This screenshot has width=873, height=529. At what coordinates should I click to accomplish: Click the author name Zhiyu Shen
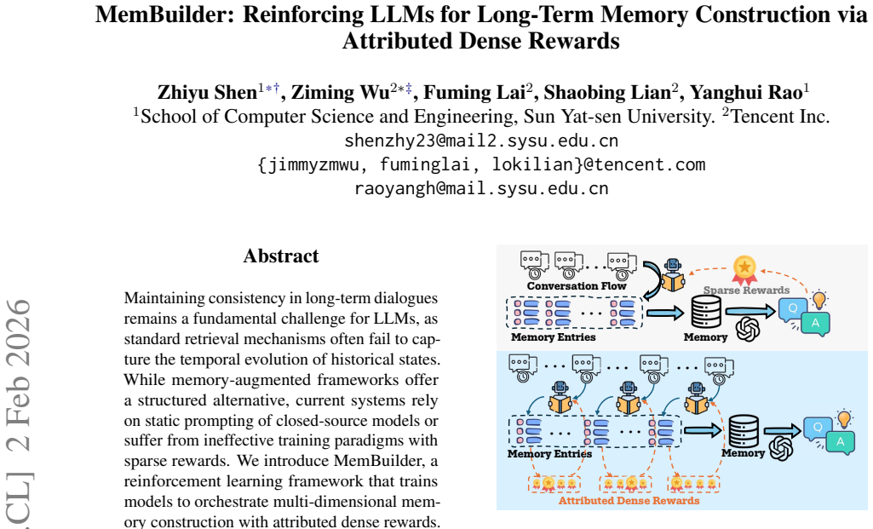click(x=207, y=93)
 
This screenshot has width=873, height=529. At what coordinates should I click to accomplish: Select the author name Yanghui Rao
click(x=747, y=93)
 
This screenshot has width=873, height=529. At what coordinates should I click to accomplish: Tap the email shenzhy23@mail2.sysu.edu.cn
click(x=481, y=141)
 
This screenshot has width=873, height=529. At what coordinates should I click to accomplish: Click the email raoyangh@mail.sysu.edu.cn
click(x=481, y=188)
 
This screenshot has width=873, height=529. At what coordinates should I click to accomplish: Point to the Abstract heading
click(x=281, y=256)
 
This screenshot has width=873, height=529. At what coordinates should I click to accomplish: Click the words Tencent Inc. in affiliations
click(x=779, y=117)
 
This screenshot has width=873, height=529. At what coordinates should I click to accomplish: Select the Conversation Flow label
click(x=577, y=286)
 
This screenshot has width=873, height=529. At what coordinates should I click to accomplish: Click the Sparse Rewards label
click(x=746, y=290)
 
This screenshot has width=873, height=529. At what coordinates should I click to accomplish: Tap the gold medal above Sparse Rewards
click(x=744, y=270)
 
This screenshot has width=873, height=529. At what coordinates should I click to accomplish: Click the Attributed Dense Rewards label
click(x=629, y=501)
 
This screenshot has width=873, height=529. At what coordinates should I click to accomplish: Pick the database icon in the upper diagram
click(x=706, y=312)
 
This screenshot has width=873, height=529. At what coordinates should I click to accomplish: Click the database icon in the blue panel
click(x=744, y=432)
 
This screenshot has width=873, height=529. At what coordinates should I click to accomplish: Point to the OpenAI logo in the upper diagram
click(x=748, y=329)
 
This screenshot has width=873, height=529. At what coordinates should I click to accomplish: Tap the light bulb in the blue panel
click(x=844, y=419)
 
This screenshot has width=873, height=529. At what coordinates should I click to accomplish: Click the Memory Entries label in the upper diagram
click(x=554, y=337)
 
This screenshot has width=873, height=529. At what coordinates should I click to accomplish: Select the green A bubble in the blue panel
click(x=840, y=443)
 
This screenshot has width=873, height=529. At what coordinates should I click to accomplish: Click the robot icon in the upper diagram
click(x=673, y=275)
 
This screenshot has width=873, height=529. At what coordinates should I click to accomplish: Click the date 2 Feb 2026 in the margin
click(x=19, y=375)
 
